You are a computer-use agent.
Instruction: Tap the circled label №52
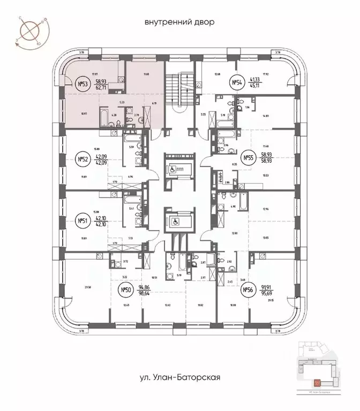point(83,159)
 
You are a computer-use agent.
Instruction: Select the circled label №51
point(83,220)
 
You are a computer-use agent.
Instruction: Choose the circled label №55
point(248,158)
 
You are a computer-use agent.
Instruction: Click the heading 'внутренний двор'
point(179,22)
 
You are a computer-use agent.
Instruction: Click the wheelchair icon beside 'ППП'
point(171,167)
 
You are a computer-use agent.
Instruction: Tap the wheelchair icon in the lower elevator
point(176,220)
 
